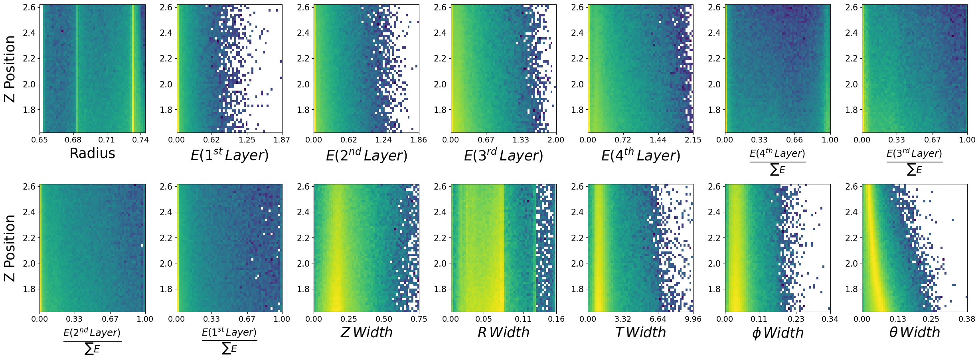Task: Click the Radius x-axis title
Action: point(92,153)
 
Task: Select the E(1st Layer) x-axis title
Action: point(229,154)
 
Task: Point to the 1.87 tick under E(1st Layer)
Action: point(282,140)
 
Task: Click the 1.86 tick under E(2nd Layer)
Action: point(419,140)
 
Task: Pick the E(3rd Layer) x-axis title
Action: point(503,155)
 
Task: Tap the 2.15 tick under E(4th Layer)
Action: point(693,140)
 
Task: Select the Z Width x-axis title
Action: point(366,332)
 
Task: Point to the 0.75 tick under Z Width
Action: point(419,319)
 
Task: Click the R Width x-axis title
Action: point(503,332)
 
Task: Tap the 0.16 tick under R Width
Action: point(556,319)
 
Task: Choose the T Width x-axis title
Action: point(640,332)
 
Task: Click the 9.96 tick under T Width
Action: point(693,319)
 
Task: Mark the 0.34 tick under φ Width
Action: point(830,319)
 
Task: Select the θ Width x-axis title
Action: point(915,332)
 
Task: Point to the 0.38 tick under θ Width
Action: point(967,319)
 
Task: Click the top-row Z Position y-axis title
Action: point(10,69)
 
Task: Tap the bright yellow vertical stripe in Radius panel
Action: point(133,69)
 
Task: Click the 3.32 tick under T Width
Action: point(623,319)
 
